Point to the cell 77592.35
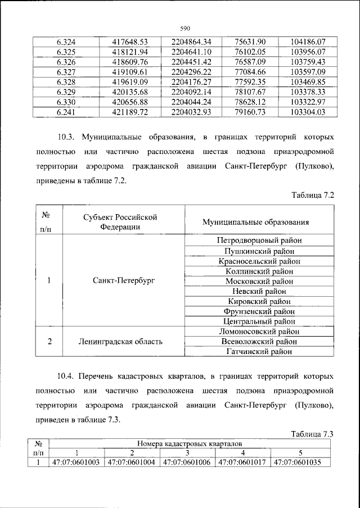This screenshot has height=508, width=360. point(253,81)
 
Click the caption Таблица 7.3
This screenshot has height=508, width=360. point(313,433)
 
